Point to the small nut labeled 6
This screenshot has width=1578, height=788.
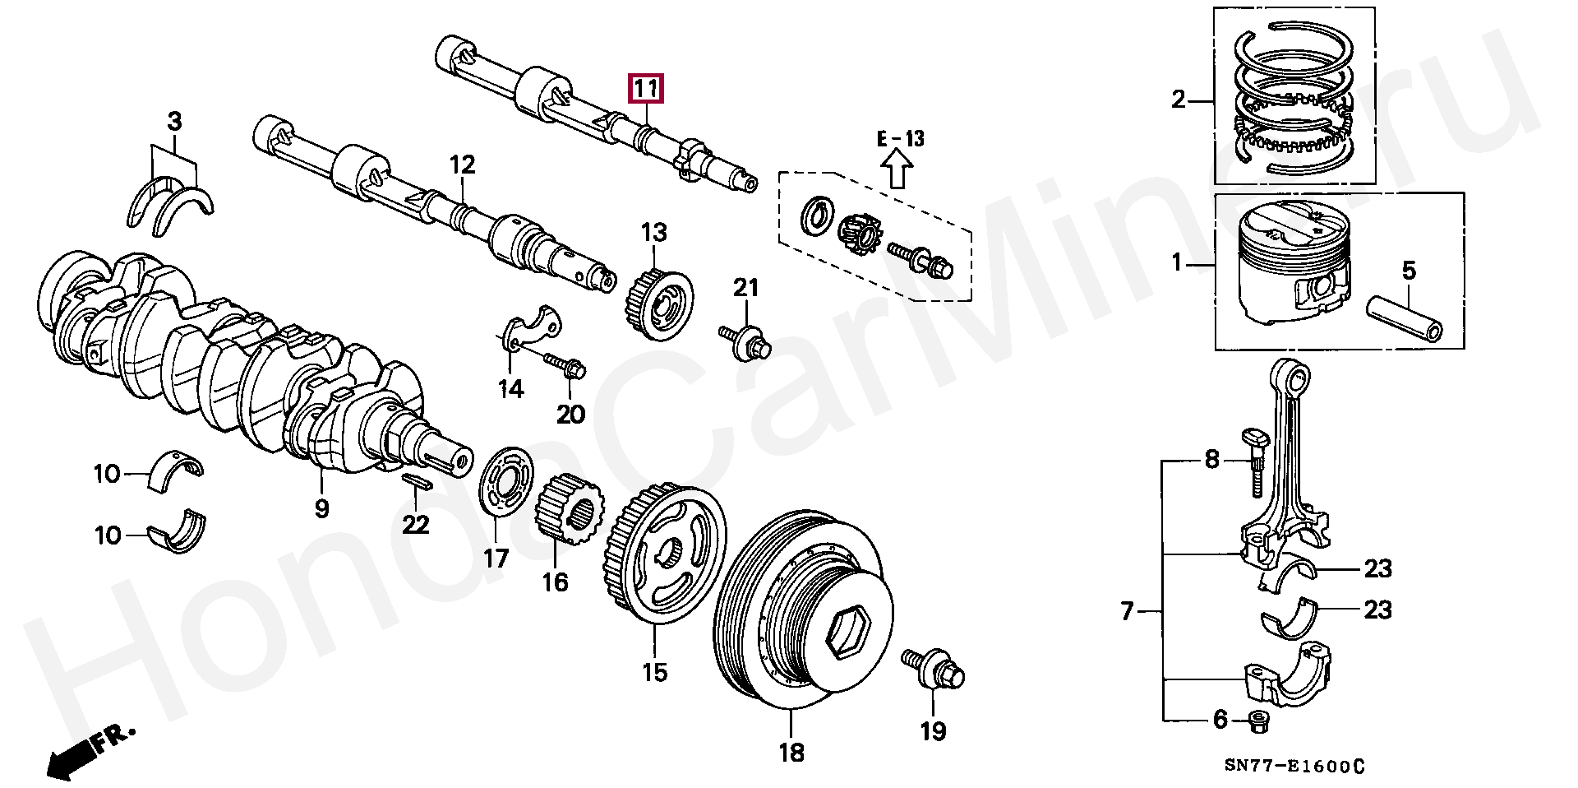click(1257, 721)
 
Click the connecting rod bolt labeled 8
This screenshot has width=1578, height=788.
click(1255, 465)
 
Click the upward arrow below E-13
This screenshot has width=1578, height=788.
click(897, 174)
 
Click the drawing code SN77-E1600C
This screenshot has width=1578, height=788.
click(1294, 766)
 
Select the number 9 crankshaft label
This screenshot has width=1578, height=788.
click(321, 508)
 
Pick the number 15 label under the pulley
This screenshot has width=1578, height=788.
click(655, 672)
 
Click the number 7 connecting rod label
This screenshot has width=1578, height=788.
click(1128, 611)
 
